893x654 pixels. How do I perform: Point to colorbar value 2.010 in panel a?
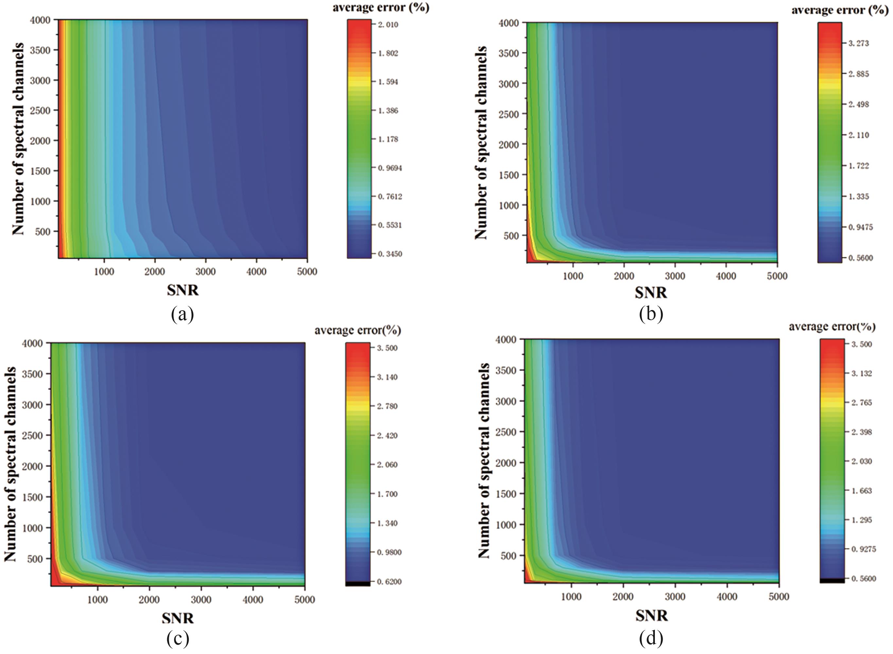(x=388, y=25)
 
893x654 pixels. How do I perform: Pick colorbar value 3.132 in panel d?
(x=861, y=374)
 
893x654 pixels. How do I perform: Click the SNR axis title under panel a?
(x=183, y=291)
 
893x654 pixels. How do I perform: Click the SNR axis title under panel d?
(x=652, y=616)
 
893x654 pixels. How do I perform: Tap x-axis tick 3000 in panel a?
(x=205, y=272)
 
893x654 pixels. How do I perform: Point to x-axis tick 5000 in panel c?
(x=304, y=600)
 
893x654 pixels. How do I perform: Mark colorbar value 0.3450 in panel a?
(x=388, y=254)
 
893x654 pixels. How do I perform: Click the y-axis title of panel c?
(x=11, y=464)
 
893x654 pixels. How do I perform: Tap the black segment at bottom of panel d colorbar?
(x=832, y=580)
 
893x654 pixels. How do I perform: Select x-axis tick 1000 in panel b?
(x=573, y=276)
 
